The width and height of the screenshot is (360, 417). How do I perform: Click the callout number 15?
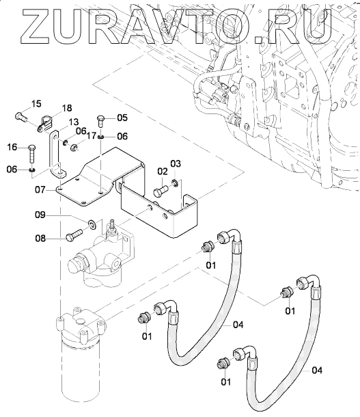point(37,103)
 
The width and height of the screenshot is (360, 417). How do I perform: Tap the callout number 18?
point(67,108)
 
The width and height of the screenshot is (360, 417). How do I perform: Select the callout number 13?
point(73,122)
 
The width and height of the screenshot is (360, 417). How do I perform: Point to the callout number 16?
point(12,147)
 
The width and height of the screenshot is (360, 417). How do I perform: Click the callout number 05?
point(122,118)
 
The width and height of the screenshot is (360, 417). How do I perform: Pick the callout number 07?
point(40,190)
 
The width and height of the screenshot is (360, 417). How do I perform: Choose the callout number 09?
point(40,215)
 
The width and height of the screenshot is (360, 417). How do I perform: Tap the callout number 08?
point(40,239)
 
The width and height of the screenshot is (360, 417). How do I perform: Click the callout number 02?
point(163,172)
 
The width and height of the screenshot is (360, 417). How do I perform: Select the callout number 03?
point(176,164)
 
